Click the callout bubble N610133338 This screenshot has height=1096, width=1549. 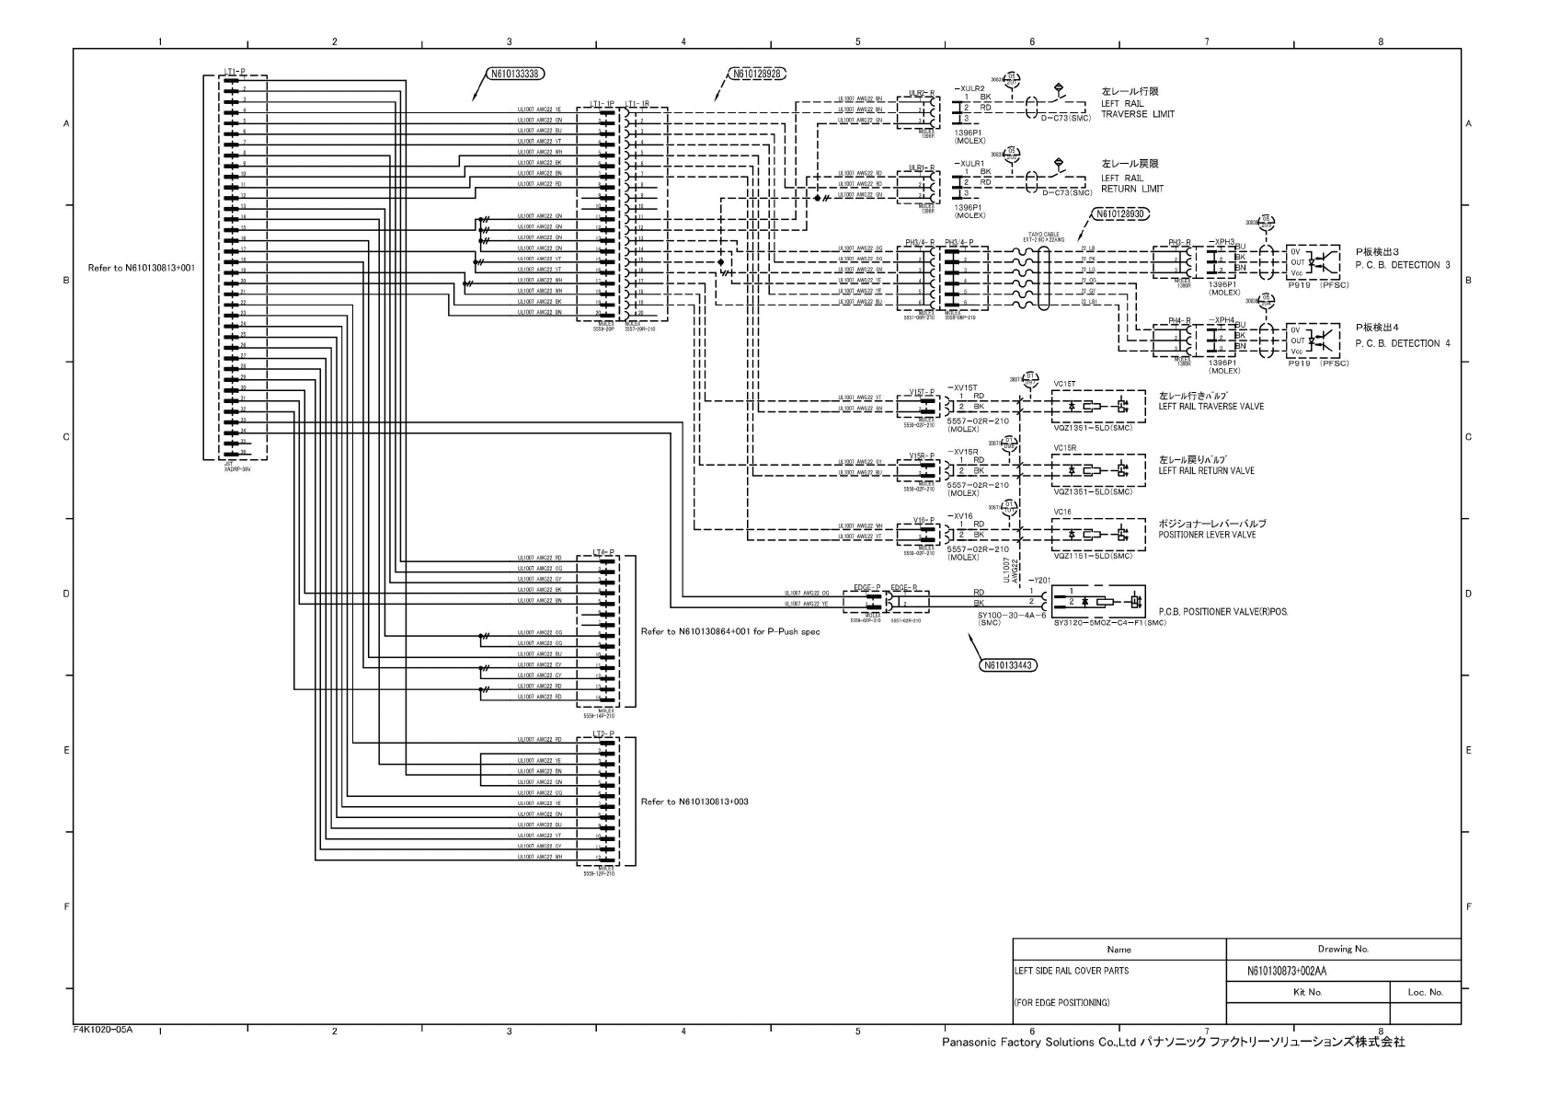[514, 74]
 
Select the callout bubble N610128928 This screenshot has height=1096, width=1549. [759, 74]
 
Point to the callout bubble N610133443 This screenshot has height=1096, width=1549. [1008, 664]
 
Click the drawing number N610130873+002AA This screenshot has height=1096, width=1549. [1286, 971]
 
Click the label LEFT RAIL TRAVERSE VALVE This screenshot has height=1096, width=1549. [1211, 407]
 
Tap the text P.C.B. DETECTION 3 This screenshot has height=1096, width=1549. [1402, 265]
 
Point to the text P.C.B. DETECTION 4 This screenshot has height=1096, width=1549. [1402, 343]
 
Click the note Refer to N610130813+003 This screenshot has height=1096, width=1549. [694, 802]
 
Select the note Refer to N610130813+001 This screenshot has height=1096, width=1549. [141, 268]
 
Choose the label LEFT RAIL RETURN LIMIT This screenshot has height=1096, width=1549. [1131, 183]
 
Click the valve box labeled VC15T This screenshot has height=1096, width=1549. [1099, 406]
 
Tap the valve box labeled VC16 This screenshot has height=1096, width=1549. [1099, 535]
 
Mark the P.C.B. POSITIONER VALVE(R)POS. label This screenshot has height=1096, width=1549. [1223, 611]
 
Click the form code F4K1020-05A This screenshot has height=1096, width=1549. [103, 1029]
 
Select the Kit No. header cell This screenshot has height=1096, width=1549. [1307, 992]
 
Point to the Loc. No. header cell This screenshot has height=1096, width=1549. [1425, 992]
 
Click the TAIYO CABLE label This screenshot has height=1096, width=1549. [1045, 235]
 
